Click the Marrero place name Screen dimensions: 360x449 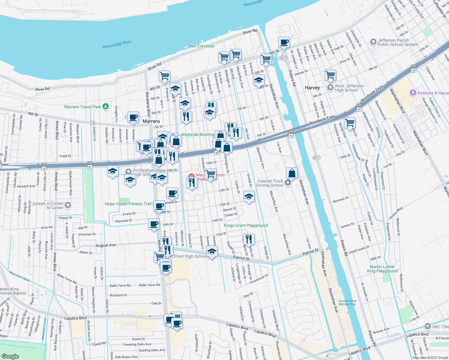point(151,121)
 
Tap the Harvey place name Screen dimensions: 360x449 point(312,88)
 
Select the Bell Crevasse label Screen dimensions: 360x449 point(201,46)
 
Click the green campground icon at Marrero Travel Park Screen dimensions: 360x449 point(105,106)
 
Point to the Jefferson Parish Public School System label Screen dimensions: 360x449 point(398,42)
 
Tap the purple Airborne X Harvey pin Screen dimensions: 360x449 point(413,93)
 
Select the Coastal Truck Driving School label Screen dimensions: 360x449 point(270,183)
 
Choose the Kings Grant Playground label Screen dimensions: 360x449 point(246,225)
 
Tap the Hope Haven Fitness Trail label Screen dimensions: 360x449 point(128,204)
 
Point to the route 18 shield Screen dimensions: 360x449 point(93,123)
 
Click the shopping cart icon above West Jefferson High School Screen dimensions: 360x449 point(330,75)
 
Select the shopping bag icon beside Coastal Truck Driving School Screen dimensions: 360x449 point(292,173)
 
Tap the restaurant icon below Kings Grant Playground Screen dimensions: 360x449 point(249,239)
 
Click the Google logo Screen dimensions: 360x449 point(10,356)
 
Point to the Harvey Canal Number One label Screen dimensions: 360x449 point(347,302)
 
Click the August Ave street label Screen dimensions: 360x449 point(106,245)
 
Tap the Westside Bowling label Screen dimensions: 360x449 point(197,134)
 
